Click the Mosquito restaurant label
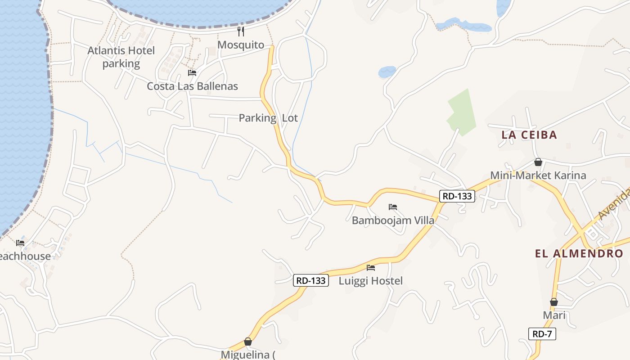click(x=241, y=45)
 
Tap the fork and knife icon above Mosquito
click(x=241, y=31)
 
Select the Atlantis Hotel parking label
click(x=121, y=57)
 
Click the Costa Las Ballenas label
click(x=192, y=86)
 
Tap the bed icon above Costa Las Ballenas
click(x=192, y=73)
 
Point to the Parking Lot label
click(x=268, y=118)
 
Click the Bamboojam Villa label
click(x=393, y=220)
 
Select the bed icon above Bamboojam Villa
click(x=393, y=207)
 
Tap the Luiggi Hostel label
click(x=370, y=281)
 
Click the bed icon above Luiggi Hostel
click(x=371, y=268)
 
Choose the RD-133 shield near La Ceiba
click(x=457, y=196)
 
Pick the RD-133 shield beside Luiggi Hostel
click(x=311, y=280)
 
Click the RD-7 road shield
click(x=542, y=334)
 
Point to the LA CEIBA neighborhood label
click(x=529, y=135)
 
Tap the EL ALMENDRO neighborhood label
click(x=579, y=253)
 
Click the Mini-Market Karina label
click(x=538, y=175)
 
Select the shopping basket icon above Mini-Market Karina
click(x=538, y=162)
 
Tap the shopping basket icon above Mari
click(x=554, y=302)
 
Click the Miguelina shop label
click(x=248, y=355)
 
